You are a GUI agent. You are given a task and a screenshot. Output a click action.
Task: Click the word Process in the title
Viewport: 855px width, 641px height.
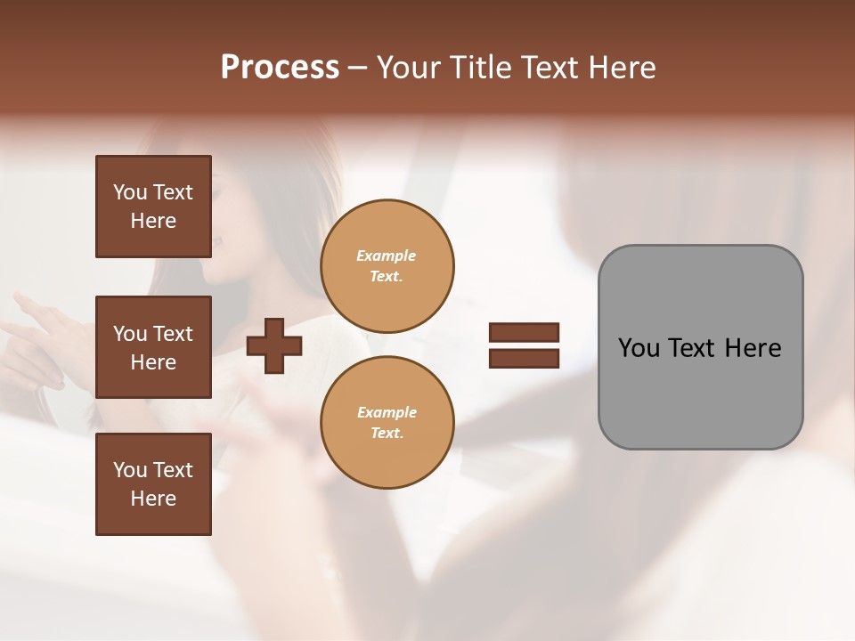tap(280, 68)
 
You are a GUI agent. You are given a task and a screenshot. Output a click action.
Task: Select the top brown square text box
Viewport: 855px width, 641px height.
tap(153, 207)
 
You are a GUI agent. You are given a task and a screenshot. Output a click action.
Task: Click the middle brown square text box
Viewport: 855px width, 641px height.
tap(153, 347)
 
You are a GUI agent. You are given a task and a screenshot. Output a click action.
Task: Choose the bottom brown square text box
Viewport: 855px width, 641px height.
tap(153, 484)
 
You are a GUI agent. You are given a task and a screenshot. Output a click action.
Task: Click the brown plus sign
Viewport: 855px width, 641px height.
tap(274, 345)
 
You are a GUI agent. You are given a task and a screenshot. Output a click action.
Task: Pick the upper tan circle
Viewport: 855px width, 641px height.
tap(387, 266)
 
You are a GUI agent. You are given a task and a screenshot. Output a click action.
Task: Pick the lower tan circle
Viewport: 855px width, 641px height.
tap(387, 423)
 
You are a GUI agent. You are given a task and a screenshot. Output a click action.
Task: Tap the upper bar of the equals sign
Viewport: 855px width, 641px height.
tap(524, 333)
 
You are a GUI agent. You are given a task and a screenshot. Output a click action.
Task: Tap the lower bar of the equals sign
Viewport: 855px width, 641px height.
tap(524, 359)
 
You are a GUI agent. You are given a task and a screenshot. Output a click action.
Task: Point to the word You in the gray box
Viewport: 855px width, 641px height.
tap(639, 348)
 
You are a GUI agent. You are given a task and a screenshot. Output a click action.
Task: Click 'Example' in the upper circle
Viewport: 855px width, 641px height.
tap(387, 256)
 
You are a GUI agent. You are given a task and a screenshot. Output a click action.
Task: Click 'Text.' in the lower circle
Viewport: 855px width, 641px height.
tap(387, 434)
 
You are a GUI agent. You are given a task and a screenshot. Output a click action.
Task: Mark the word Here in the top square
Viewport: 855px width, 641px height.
tap(153, 221)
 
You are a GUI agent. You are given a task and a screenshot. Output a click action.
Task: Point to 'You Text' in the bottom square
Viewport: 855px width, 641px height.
tap(153, 470)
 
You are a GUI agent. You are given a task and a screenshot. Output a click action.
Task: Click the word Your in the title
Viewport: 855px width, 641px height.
tap(412, 68)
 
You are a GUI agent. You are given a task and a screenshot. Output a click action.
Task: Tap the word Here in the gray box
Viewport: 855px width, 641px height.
tap(753, 348)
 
